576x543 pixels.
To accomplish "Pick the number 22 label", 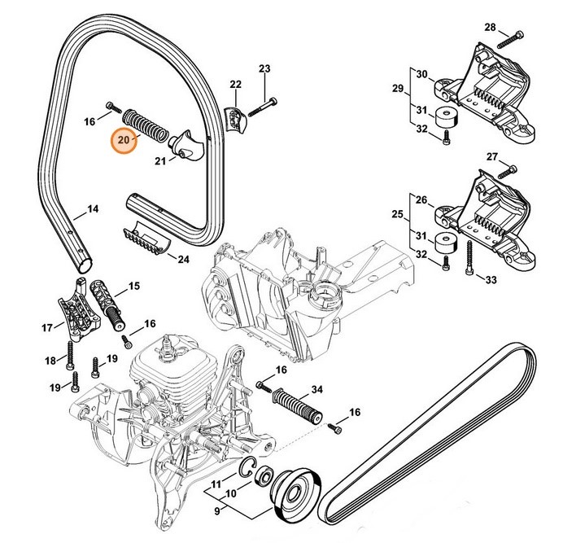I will coord(235,85).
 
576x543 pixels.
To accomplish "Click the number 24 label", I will coord(182,259).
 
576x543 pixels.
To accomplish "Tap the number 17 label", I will coord(47,328).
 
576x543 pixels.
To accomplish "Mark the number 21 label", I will coord(159,161).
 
